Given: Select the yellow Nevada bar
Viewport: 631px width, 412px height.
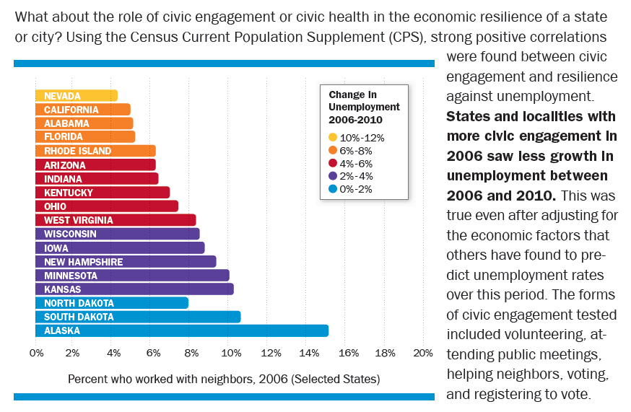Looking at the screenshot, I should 76,95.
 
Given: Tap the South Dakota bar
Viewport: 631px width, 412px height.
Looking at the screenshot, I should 138,317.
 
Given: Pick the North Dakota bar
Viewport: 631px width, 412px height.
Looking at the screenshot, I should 112,303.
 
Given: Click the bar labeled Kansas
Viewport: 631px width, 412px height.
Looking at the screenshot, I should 134,289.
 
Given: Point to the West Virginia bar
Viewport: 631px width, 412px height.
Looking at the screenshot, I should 116,220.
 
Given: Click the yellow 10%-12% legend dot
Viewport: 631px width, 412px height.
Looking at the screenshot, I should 333,137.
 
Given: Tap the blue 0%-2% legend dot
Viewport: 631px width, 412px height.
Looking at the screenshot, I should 333,189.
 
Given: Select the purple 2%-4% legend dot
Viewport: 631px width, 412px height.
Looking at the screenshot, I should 333,176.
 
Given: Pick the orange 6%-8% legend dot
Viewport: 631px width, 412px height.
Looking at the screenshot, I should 333,150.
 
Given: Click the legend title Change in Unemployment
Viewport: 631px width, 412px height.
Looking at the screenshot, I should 364,107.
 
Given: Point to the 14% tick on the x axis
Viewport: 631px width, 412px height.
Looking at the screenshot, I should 309,353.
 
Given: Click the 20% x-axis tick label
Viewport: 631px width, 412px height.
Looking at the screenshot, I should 423,353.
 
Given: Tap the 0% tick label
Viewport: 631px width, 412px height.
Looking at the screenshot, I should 36,353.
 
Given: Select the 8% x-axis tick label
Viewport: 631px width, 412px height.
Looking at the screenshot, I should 191,353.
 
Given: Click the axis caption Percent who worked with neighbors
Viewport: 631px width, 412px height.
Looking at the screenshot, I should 224,378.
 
